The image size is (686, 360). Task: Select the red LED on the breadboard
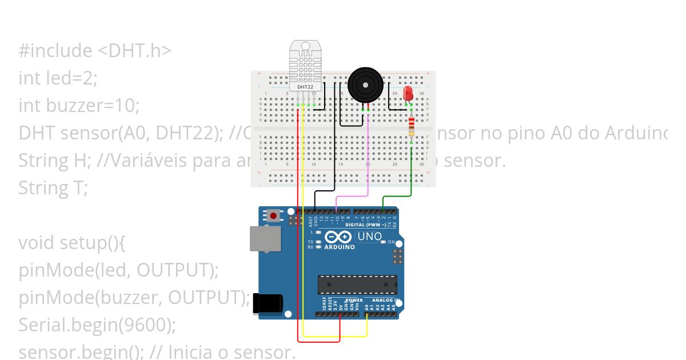(408, 94)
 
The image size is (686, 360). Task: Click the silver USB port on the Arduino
(265, 238)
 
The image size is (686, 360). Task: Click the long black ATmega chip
(357, 284)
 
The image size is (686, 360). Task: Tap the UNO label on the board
(369, 237)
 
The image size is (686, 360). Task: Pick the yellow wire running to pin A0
(303, 229)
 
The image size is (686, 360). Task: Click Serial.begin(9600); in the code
(97, 325)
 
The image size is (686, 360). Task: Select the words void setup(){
(71, 242)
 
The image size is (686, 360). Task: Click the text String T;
(53, 187)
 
